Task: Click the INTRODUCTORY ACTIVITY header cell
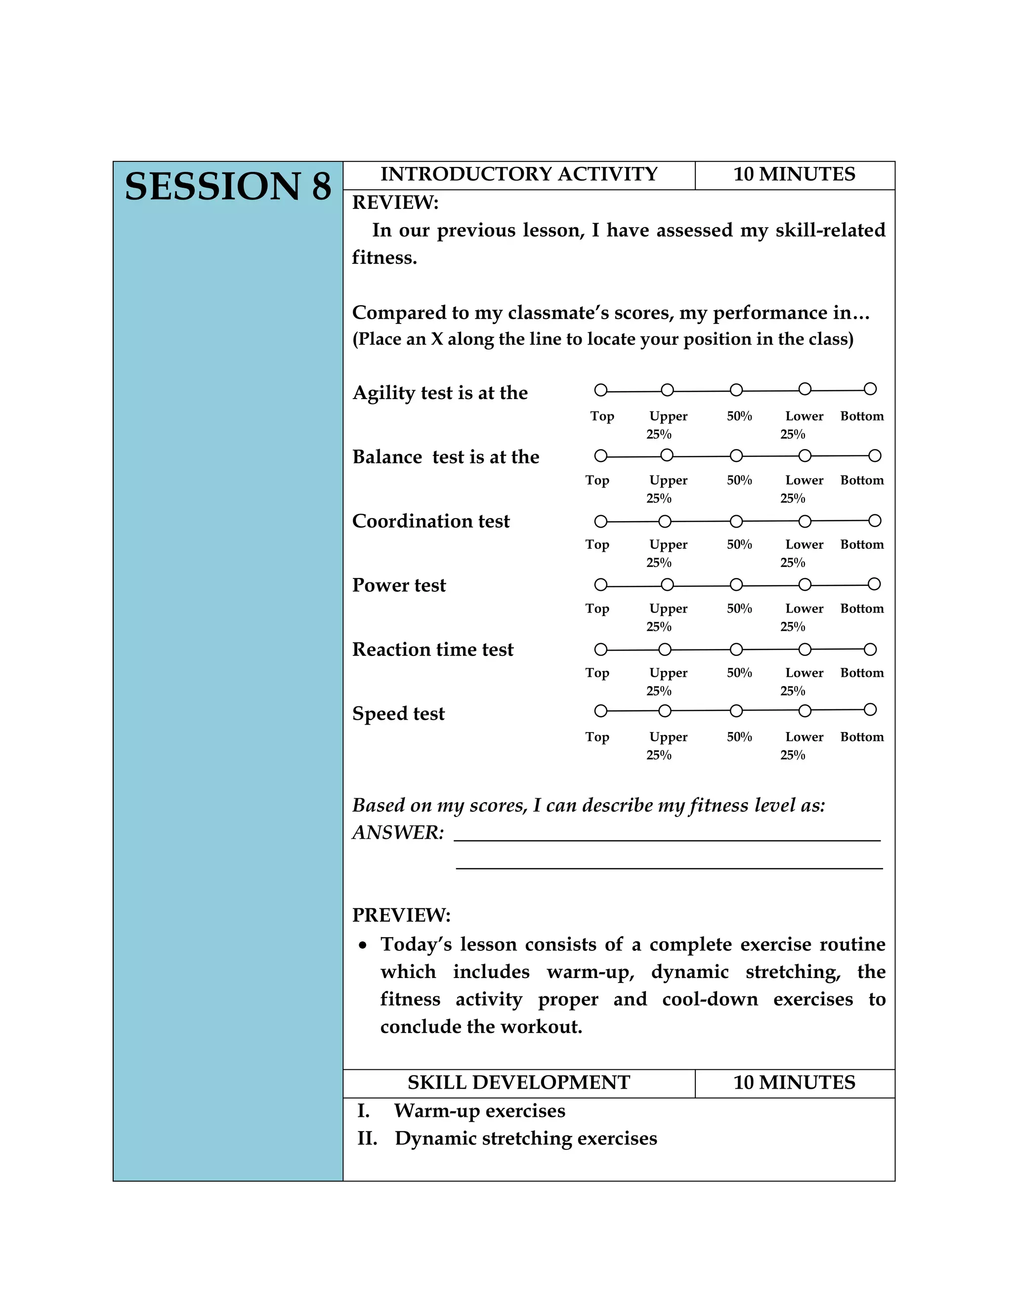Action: (x=518, y=174)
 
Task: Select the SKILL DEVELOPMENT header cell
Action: (x=518, y=1082)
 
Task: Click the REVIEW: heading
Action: (x=395, y=203)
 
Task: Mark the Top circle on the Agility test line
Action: (x=601, y=390)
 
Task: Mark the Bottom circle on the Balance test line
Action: (x=875, y=456)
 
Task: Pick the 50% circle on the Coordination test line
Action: (x=736, y=522)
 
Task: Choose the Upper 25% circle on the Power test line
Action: (x=667, y=584)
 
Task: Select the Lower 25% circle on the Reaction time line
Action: (x=805, y=650)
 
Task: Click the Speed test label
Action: (x=398, y=714)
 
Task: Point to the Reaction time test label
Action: (x=432, y=650)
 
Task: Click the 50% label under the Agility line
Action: (x=739, y=416)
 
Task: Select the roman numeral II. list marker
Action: (x=368, y=1138)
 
